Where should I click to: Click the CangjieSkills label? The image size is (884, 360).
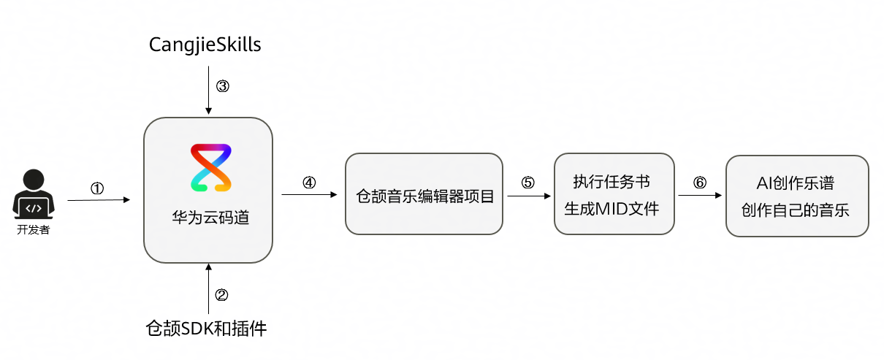pos(205,45)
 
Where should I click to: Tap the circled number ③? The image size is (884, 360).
pos(223,86)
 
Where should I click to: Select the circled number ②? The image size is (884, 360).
pos(221,295)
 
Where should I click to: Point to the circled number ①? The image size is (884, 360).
pos(97,188)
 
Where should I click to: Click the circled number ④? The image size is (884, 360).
pos(309,183)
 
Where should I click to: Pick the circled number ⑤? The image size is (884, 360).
pos(527,183)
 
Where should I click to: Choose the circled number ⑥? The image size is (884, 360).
pos(700,183)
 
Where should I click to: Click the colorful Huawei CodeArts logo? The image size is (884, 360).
pos(211,168)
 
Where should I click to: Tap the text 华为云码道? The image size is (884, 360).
pos(210,218)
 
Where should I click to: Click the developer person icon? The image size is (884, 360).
pos(34,194)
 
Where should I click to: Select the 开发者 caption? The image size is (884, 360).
pos(34,229)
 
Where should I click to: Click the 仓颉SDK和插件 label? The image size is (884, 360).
pos(206,329)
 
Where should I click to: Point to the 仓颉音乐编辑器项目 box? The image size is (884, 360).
pos(424,194)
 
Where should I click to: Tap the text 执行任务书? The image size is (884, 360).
pos(611,182)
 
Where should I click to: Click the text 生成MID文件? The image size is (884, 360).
pos(611,209)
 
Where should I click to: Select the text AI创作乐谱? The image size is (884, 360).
pos(795,183)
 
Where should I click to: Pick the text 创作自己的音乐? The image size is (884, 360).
pos(795,210)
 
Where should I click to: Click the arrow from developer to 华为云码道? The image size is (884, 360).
pos(99,200)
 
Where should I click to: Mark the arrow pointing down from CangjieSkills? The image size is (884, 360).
pos(208,91)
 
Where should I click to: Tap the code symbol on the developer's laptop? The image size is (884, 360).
pos(34,208)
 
